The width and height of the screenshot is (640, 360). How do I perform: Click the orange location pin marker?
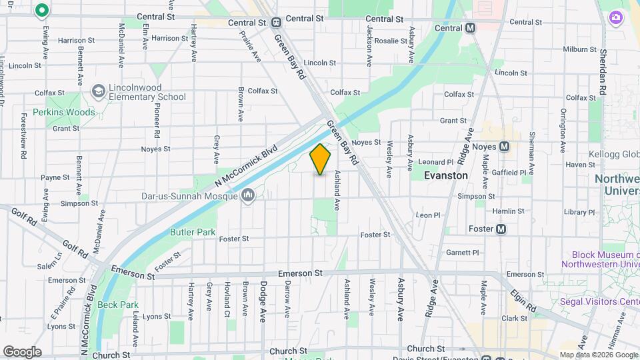(x=320, y=159)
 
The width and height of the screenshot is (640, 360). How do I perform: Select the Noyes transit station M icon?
(x=504, y=146)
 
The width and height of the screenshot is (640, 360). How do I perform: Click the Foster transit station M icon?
(x=501, y=229)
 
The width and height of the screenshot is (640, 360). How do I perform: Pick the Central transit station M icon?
(x=471, y=28)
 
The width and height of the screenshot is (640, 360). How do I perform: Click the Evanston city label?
(x=447, y=175)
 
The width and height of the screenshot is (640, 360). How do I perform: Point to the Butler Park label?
(x=193, y=232)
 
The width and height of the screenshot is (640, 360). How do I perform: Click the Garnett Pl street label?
(x=463, y=253)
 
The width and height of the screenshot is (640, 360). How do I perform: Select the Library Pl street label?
(x=579, y=212)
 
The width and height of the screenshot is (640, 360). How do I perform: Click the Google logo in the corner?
(x=22, y=352)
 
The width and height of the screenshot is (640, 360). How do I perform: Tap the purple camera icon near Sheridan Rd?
(x=617, y=17)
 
